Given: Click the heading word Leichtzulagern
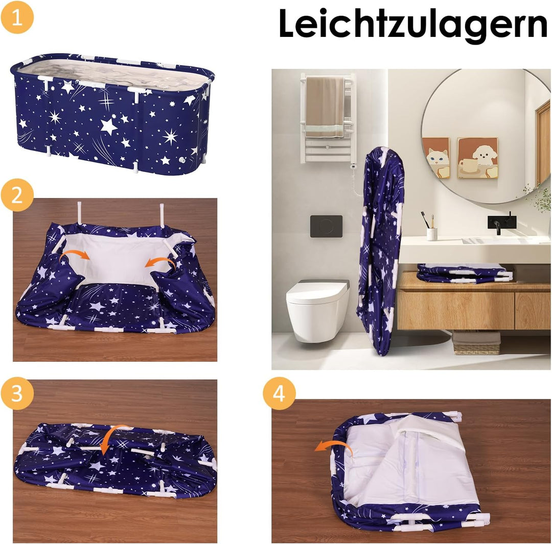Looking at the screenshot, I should click(413, 25).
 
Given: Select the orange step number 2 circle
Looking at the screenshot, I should click(17, 195).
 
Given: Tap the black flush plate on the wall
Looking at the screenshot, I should click(326, 226).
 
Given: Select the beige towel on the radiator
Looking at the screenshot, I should click(325, 106).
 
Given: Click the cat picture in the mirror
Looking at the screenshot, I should click(436, 158).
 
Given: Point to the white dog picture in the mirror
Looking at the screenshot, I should click(477, 157).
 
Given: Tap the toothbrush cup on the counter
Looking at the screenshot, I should click(432, 233).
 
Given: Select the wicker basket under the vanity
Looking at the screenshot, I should click(476, 343).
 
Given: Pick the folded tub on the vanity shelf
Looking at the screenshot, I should click(463, 273).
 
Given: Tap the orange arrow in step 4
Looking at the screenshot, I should click(333, 447).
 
